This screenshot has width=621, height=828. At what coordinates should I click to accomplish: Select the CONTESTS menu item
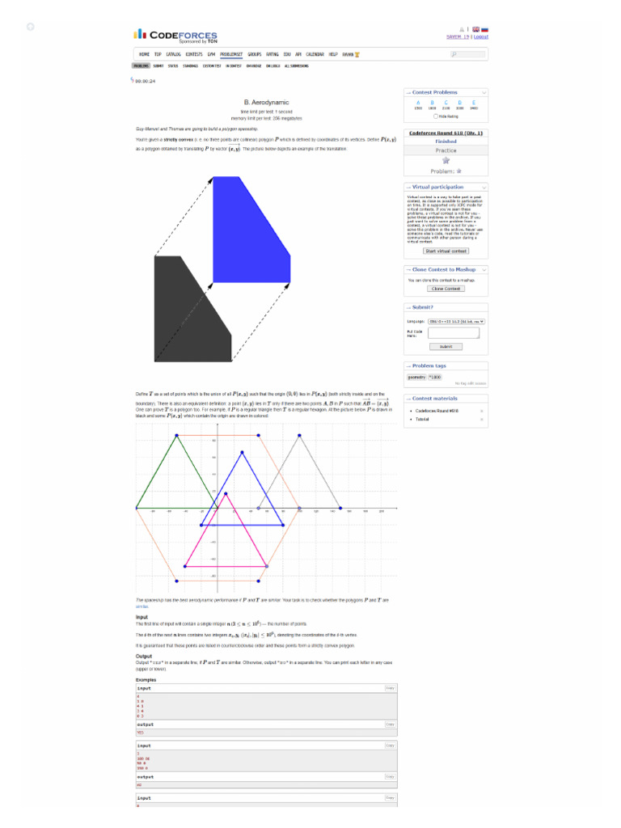click(x=194, y=54)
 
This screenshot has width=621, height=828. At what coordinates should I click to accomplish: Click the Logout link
click(x=481, y=36)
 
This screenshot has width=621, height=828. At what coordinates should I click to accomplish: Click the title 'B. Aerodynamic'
click(x=266, y=102)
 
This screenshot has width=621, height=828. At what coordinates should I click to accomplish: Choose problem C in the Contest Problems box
click(x=446, y=103)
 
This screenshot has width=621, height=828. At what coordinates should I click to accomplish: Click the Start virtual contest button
click(x=446, y=251)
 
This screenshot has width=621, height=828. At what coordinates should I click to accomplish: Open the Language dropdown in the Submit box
click(x=456, y=321)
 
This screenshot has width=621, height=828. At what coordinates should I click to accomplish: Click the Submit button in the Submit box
click(x=446, y=346)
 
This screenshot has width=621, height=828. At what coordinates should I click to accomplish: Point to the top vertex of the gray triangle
click(x=300, y=436)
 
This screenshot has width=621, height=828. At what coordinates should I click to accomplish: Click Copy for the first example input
click(x=390, y=688)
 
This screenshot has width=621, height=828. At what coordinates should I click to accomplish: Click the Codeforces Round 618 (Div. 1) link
click(x=446, y=133)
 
